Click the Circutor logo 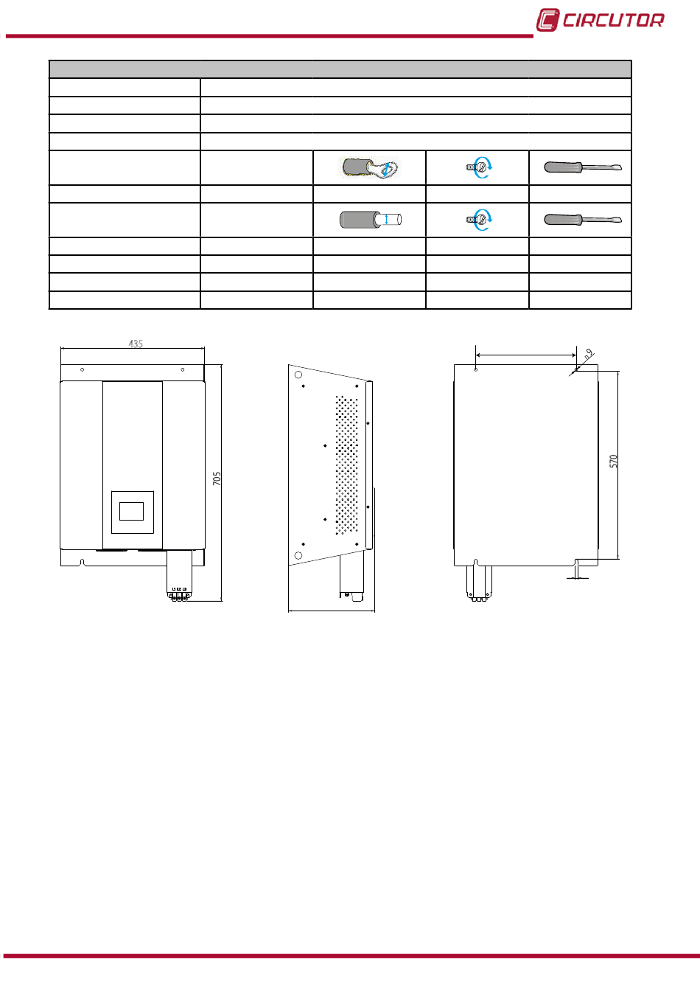click(600, 20)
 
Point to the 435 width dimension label click(136, 344)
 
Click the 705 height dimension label click(217, 479)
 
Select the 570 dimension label click(613, 462)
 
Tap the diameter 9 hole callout click(588, 355)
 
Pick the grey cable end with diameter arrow click(370, 220)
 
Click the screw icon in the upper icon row click(478, 167)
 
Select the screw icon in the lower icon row click(478, 220)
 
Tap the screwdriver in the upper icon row click(581, 167)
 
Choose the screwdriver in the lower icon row click(581, 220)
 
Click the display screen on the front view click(132, 510)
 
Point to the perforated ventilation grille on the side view click(347, 465)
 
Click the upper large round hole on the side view click(298, 375)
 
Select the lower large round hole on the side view click(298, 554)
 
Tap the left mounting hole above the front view click(83, 369)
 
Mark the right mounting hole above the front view click(183, 369)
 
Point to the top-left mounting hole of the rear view click(476, 369)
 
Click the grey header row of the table click(340, 69)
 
